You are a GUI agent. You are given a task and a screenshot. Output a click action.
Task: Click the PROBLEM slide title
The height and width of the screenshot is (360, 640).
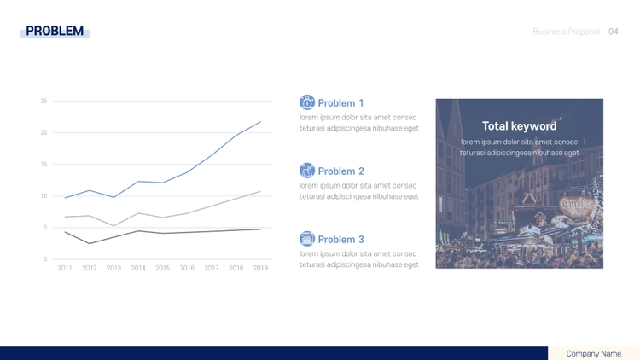55,31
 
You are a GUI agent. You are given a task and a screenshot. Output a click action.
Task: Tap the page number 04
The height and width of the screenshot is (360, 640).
613,32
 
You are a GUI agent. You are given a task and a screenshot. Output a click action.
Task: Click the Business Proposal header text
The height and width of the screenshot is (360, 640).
566,32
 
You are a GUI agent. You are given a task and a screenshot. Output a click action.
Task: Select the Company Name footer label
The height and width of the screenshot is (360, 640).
593,354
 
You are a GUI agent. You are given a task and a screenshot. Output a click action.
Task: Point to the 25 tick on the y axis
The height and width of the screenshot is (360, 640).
44,101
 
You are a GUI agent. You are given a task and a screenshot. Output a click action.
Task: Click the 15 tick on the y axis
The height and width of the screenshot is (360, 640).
44,164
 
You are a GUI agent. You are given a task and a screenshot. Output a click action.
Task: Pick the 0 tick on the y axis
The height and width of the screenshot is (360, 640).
45,259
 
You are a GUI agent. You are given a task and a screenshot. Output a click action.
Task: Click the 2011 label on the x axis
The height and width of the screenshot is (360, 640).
65,268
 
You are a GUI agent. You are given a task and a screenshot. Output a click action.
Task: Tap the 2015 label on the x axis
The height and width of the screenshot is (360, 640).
162,268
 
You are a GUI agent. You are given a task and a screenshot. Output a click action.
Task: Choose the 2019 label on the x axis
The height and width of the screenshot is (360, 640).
260,268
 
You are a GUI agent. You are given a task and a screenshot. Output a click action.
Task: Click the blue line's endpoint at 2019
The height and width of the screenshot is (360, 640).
260,122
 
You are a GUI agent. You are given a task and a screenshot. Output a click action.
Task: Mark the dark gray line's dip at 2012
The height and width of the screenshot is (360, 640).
90,244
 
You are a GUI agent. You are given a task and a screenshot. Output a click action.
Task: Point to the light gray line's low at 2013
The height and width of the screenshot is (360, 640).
113,226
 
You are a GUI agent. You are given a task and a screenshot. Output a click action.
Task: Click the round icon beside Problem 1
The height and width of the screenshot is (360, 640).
307,102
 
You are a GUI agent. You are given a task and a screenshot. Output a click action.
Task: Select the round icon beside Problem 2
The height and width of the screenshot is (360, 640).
307,171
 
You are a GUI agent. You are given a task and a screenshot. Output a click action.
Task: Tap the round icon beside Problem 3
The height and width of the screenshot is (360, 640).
307,238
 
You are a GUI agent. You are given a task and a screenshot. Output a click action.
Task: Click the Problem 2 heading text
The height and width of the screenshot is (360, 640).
340,171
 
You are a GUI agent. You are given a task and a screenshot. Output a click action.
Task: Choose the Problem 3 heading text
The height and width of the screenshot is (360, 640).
340,240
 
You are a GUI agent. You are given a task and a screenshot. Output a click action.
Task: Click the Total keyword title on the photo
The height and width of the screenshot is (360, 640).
519,126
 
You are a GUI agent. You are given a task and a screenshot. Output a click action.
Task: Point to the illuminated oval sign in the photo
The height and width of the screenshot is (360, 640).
576,206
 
